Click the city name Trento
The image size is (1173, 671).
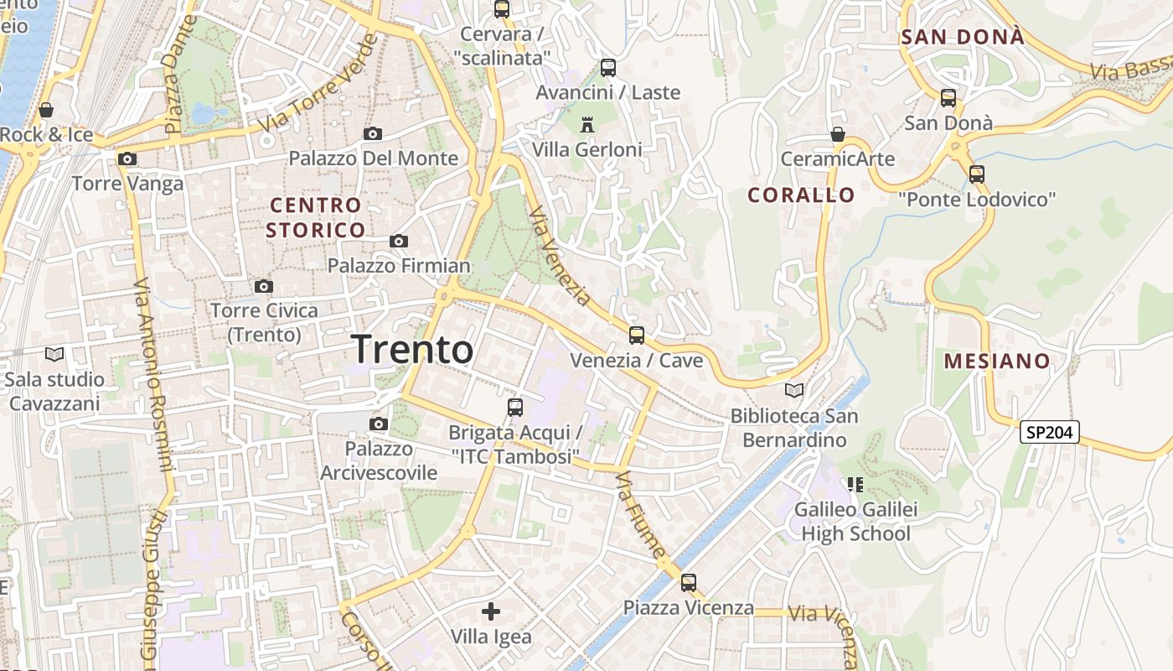click(x=412, y=349)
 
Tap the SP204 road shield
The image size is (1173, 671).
click(x=1049, y=432)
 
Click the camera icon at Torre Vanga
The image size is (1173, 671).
click(x=127, y=159)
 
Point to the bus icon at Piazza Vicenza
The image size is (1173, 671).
click(x=689, y=582)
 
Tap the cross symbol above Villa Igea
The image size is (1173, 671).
click(x=491, y=611)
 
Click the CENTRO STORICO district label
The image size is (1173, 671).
click(x=316, y=217)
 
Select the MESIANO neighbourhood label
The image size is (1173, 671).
click(x=997, y=362)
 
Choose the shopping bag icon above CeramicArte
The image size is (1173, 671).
click(x=837, y=134)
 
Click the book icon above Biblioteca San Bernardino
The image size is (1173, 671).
click(x=794, y=390)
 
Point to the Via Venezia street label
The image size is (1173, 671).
click(x=561, y=256)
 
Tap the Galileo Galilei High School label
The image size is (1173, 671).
click(x=855, y=521)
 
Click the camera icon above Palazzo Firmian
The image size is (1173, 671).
click(x=399, y=242)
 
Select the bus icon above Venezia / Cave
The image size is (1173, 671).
click(x=637, y=335)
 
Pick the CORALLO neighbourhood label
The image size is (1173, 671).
click(x=802, y=195)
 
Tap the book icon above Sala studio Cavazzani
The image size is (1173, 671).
click(x=54, y=355)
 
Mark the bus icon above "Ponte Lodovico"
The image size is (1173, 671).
click(x=977, y=174)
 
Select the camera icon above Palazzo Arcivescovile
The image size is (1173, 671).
click(x=379, y=424)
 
